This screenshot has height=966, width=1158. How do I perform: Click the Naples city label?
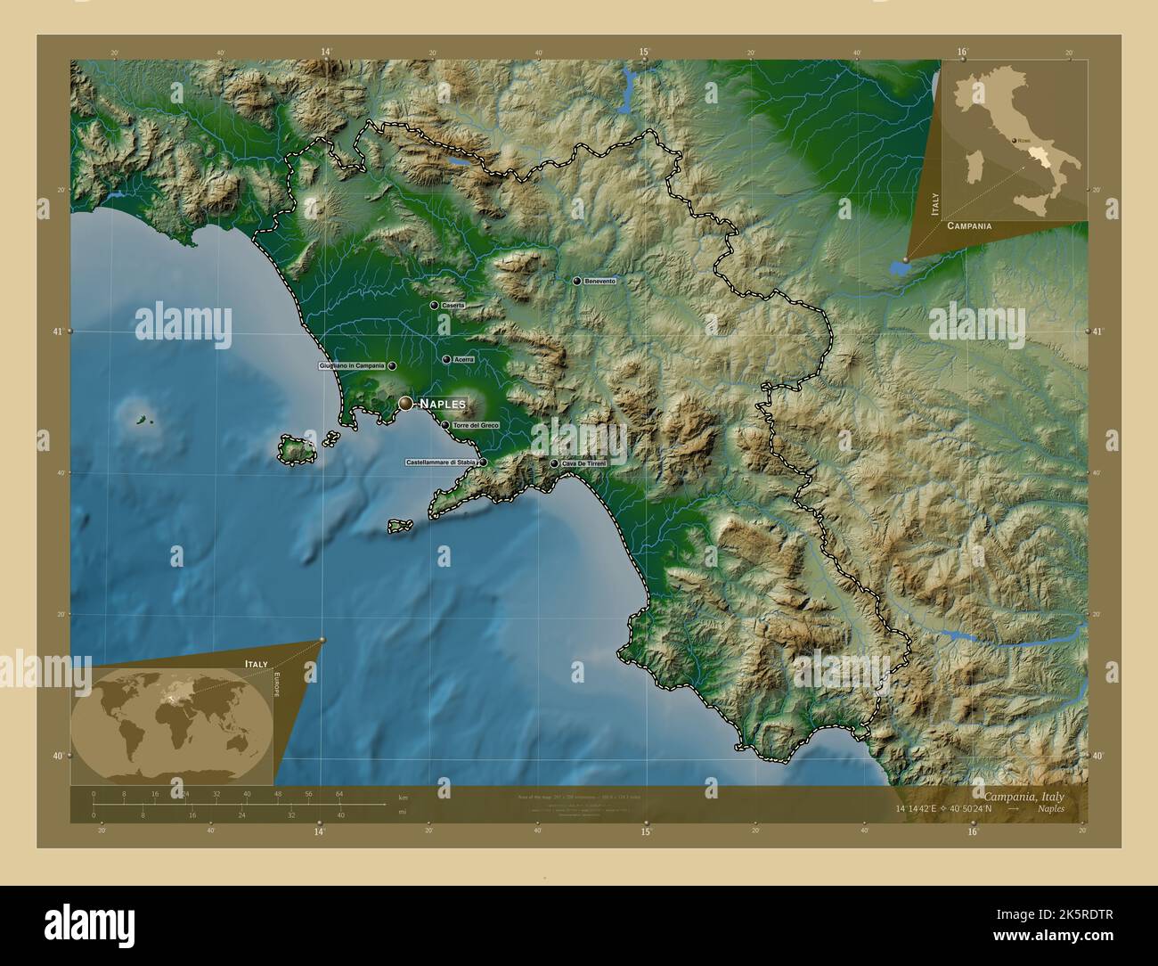click(443, 404)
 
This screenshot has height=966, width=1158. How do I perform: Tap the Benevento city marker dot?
click(577, 281)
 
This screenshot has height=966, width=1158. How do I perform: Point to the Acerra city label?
click(463, 360)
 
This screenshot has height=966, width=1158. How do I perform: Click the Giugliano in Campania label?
click(351, 365)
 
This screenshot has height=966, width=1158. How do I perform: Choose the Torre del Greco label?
click(476, 426)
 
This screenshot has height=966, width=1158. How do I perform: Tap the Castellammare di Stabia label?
click(441, 463)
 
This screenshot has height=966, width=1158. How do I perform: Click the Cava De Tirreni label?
click(583, 463)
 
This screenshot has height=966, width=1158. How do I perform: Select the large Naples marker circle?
click(406, 404)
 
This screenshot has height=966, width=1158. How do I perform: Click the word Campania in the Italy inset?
click(969, 226)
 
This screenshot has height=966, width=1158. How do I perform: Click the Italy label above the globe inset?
click(256, 665)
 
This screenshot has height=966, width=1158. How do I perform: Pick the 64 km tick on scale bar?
click(339, 794)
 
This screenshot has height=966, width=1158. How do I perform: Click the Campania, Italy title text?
click(1023, 796)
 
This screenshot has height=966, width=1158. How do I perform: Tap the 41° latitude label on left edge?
click(57, 332)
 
